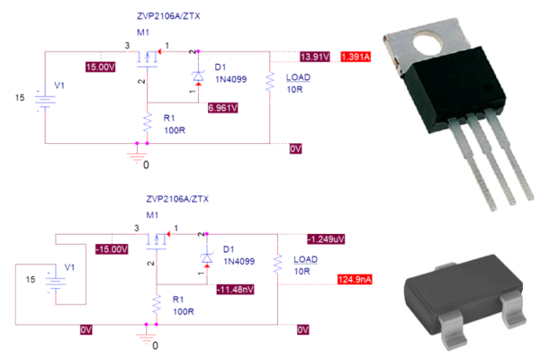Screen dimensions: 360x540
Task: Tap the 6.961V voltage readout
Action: [222, 108]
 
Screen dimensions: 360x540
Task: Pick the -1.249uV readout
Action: [325, 239]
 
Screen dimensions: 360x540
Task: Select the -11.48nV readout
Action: [234, 289]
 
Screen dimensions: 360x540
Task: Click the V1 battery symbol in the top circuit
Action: [40, 97]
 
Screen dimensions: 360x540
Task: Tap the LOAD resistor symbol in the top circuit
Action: [269, 84]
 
